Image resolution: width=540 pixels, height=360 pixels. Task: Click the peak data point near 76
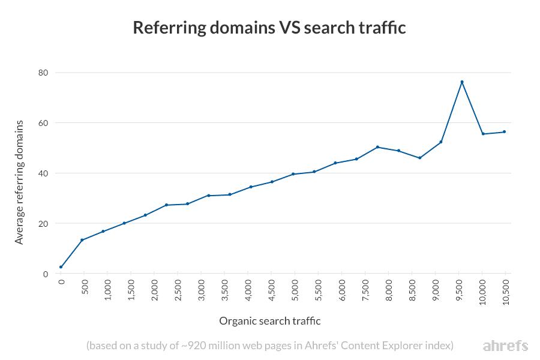462,82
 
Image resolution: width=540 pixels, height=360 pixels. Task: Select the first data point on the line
61,267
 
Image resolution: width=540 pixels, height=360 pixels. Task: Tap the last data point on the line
504,131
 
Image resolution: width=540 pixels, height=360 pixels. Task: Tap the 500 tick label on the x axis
85,286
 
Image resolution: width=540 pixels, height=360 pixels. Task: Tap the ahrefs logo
505,346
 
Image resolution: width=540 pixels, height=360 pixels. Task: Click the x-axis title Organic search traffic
270,321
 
